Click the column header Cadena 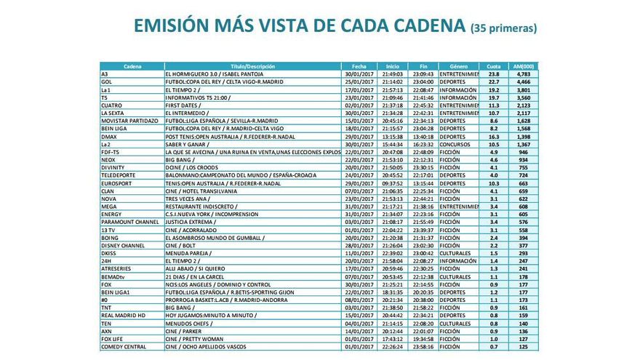(x=132, y=66)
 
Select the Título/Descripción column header (x=252, y=66)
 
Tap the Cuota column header (x=494, y=66)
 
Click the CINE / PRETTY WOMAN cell (x=193, y=339)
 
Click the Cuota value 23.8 (x=494, y=74)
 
